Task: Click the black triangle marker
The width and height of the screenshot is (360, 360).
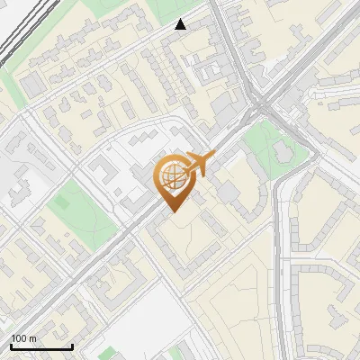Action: tap(181, 24)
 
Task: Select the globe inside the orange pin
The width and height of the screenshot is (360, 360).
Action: tap(171, 177)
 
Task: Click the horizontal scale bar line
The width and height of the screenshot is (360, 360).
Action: tap(41, 346)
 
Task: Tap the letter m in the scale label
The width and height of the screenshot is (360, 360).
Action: tap(32, 339)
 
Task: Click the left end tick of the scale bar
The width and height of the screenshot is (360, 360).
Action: tap(11, 345)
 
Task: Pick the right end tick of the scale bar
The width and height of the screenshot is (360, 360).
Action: tap(72, 345)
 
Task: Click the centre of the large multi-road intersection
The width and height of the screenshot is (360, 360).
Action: tap(261, 103)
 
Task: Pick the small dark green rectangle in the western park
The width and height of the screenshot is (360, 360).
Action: tap(59, 202)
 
